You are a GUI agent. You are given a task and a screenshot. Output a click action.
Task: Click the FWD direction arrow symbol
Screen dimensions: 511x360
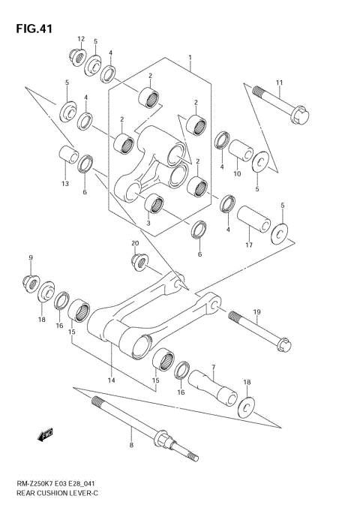coord(46,433)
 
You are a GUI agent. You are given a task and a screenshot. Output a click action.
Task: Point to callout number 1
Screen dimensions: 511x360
coord(190,57)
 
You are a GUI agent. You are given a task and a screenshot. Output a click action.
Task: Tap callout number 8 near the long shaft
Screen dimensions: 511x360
coord(131,445)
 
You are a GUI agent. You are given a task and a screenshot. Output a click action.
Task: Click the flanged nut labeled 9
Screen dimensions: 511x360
coord(31,283)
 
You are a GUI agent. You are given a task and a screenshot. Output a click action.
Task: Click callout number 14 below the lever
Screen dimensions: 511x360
coord(112,380)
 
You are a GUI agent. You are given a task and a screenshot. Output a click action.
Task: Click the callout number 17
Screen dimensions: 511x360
coord(249,245)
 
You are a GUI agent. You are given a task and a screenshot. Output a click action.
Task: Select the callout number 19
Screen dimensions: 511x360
coord(256,311)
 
